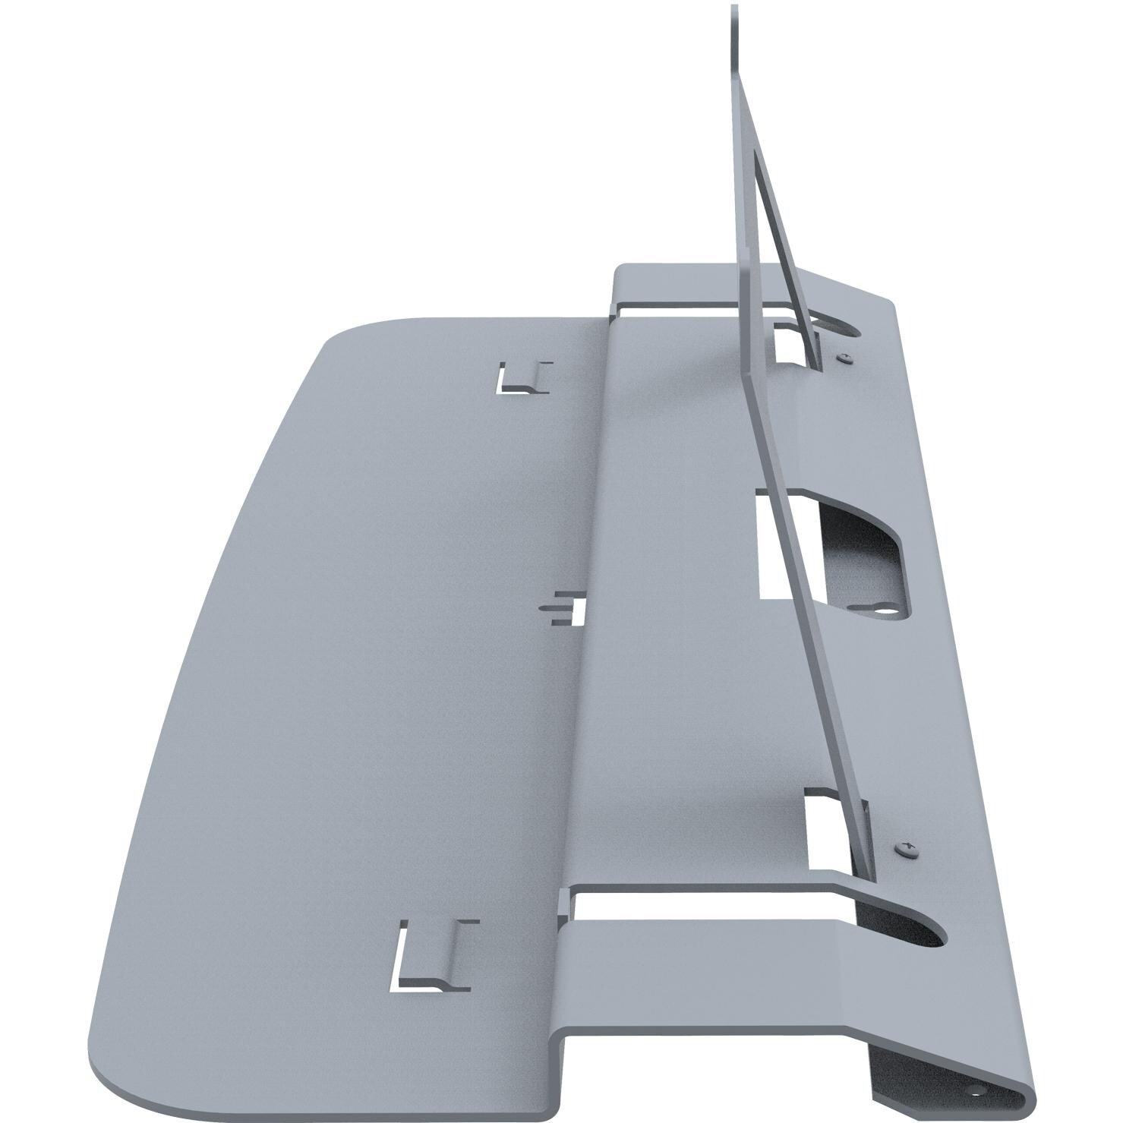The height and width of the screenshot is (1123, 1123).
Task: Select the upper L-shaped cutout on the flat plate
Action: [522, 379]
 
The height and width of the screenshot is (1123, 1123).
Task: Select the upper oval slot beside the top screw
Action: [839, 328]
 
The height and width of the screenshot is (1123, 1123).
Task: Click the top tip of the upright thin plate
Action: [734, 9]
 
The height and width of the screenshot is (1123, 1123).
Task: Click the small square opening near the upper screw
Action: [790, 342]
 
